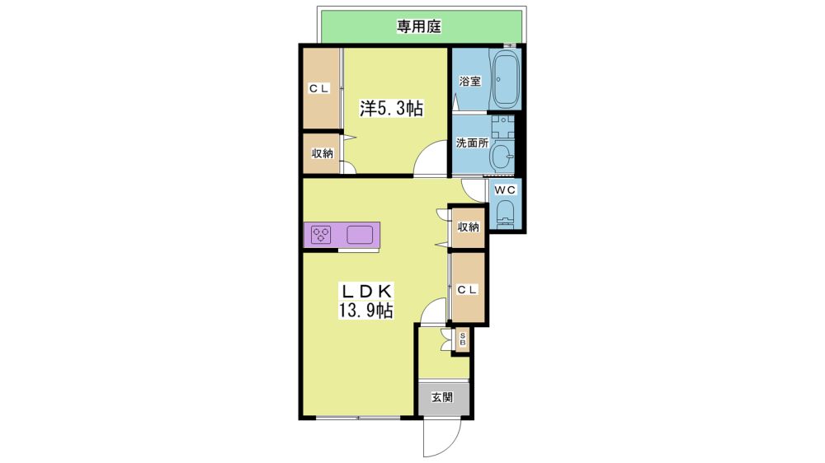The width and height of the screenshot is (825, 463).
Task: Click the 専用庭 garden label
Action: tap(418, 26)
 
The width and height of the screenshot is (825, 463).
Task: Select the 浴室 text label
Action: tap(469, 82)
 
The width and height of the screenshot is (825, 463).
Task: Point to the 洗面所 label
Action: tap(472, 143)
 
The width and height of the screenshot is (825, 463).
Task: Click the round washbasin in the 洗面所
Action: tap(503, 156)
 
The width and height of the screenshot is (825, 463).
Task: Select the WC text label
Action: tap(505, 189)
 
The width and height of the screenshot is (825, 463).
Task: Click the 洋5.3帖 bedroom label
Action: tap(391, 108)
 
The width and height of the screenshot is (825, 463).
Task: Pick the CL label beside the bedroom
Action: tap(318, 89)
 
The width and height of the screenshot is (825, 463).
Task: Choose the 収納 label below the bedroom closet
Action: tap(322, 153)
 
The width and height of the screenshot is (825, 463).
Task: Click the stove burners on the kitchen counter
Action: tap(320, 235)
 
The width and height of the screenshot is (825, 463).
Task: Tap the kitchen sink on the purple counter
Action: tap(360, 235)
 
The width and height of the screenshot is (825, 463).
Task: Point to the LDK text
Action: tap(367, 291)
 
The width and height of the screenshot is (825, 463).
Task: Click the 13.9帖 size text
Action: tap(365, 310)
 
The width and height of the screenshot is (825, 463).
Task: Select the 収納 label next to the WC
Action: tap(468, 227)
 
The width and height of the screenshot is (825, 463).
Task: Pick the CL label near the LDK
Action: tap(467, 289)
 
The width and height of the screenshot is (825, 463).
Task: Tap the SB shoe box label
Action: tap(463, 339)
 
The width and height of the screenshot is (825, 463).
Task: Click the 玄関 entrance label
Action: tap(442, 397)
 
